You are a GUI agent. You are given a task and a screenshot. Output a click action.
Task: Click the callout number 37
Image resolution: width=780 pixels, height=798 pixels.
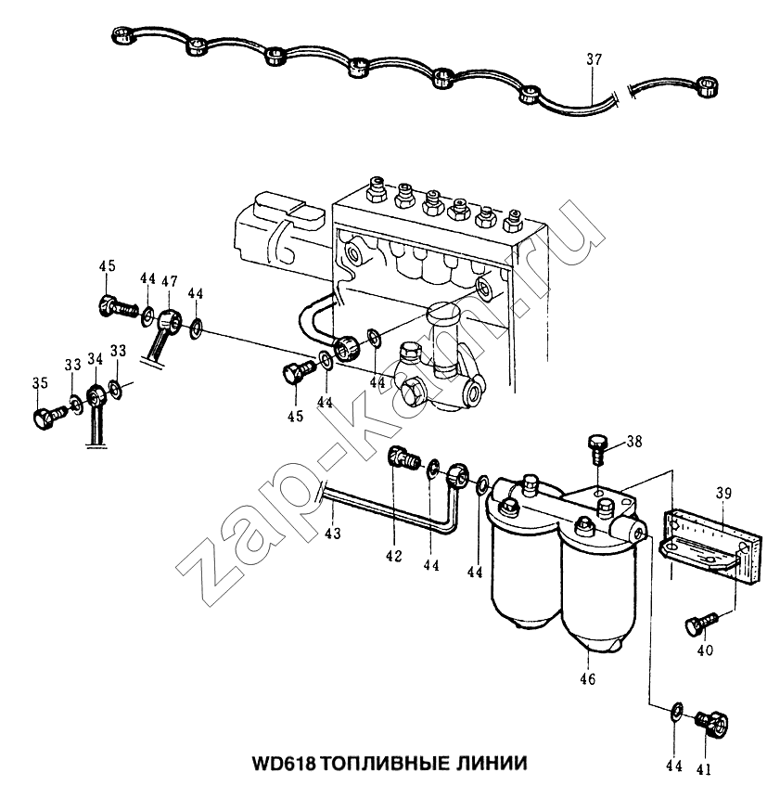point(594,59)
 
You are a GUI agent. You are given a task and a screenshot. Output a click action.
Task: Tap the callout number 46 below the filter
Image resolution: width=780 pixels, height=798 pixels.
point(587,679)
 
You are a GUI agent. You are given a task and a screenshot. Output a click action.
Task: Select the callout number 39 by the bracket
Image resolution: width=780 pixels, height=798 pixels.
point(723,493)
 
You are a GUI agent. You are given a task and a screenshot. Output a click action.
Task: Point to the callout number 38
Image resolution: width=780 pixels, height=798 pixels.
point(634,442)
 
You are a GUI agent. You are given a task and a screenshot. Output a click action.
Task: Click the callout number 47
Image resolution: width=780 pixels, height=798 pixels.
point(170,281)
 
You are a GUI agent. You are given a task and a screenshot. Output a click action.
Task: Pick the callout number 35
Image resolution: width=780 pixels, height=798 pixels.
point(40,382)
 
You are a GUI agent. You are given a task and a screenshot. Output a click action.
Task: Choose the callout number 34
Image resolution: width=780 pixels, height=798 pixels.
point(96,359)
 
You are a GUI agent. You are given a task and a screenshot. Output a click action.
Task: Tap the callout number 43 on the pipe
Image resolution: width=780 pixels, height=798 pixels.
point(333,534)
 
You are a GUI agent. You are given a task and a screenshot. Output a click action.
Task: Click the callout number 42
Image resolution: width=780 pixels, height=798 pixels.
point(393,556)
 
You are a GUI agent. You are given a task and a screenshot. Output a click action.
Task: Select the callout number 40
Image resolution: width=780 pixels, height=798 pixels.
point(705,650)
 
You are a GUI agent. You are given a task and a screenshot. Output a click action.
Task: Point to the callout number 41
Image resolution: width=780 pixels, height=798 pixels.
point(704,770)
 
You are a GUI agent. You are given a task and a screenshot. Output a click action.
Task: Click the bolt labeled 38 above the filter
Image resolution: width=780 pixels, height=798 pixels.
point(597,447)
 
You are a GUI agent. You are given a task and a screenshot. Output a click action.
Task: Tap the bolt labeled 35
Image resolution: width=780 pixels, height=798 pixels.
point(49,416)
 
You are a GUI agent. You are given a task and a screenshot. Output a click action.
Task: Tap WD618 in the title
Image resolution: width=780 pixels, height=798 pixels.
point(284,764)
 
